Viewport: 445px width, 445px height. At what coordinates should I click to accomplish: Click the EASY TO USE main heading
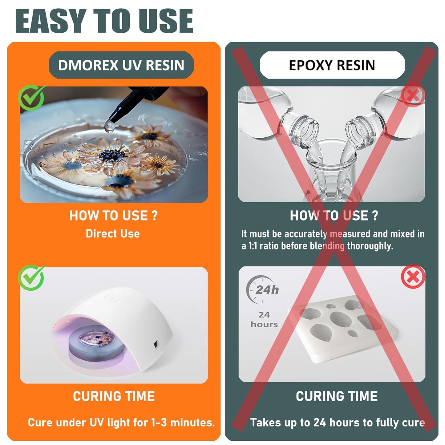pos(104,21)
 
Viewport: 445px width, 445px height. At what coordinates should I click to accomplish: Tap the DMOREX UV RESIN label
pos(121,65)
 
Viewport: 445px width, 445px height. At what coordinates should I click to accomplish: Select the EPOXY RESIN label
pos(332,65)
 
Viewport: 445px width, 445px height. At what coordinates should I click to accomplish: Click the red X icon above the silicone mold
pos(413,277)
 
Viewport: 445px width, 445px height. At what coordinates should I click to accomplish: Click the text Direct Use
pos(113,234)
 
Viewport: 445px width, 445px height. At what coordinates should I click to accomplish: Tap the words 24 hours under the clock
pos(264,319)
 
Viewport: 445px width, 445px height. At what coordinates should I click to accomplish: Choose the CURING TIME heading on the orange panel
pos(114,397)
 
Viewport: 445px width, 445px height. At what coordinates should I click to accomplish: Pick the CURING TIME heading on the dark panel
pos(337,397)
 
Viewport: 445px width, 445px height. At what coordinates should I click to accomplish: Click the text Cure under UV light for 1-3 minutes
pos(121,423)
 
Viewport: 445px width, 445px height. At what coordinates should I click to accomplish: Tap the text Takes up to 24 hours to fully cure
pos(337,423)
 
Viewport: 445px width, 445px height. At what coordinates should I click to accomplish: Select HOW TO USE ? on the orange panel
pos(113,216)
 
